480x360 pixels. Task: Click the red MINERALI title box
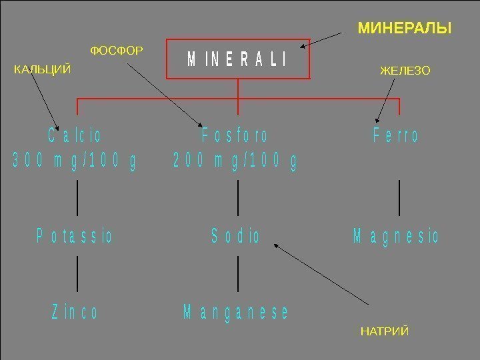238,59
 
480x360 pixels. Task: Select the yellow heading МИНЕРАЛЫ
404,29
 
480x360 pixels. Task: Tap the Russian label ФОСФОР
117,50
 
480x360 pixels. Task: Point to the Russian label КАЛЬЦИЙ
42,69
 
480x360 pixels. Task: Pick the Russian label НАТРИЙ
384,331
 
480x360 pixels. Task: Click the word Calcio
75,136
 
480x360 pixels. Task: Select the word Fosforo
235,136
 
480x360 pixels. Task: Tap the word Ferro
396,136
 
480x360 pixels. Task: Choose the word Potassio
74,236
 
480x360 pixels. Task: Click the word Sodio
235,236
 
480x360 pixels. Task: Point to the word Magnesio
396,236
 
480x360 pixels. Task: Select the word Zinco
75,312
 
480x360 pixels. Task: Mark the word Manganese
236,312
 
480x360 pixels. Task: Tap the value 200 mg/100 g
235,161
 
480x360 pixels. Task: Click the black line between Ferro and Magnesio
399,197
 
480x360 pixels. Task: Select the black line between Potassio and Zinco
78,273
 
